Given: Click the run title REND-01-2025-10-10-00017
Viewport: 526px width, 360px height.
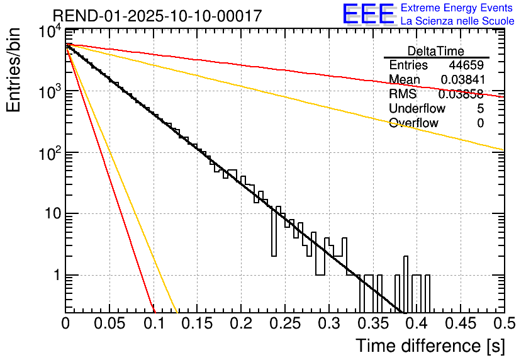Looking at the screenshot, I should (x=157, y=16).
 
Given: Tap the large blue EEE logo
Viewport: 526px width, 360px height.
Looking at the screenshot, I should (x=368, y=14).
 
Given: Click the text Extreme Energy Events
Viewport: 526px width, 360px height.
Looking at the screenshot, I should (x=457, y=8).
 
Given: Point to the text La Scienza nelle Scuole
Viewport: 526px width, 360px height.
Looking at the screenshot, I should (x=457, y=21).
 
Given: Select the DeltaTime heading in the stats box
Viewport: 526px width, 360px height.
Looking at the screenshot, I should (x=436, y=51).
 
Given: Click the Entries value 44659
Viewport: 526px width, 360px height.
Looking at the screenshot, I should (x=466, y=65).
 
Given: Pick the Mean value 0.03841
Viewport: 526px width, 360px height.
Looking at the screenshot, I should (x=462, y=80).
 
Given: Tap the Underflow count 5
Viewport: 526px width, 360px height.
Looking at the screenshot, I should (x=480, y=108).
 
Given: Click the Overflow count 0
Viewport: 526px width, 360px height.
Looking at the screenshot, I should (x=480, y=123).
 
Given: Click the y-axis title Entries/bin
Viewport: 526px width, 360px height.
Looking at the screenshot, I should (x=15, y=70).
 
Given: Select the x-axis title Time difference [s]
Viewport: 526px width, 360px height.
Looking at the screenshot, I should (x=429, y=346).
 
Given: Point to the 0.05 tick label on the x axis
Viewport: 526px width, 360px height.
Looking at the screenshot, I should (x=109, y=325).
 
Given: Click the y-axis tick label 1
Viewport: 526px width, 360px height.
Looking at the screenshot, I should (x=55, y=275).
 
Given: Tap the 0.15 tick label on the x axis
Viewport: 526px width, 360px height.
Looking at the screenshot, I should (x=197, y=325).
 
